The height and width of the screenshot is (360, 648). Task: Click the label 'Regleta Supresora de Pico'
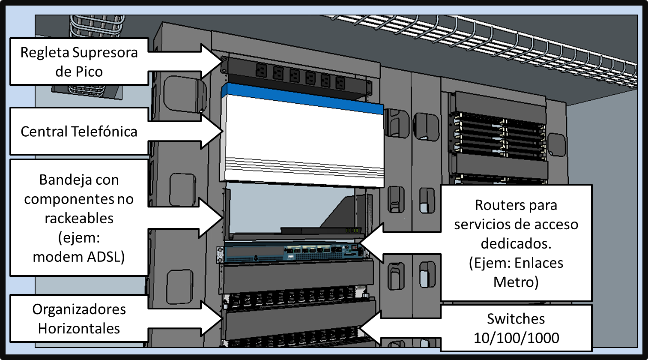[x=79, y=62]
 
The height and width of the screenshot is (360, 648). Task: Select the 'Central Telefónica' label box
[x=79, y=131]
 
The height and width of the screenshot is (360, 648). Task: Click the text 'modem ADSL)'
[x=79, y=257]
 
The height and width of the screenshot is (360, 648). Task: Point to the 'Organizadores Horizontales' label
[x=79, y=319]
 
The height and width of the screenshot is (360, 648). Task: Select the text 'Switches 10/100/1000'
[x=516, y=328]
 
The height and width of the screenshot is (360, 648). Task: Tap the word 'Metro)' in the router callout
[x=516, y=282]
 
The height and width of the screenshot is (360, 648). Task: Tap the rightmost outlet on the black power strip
[x=340, y=82]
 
